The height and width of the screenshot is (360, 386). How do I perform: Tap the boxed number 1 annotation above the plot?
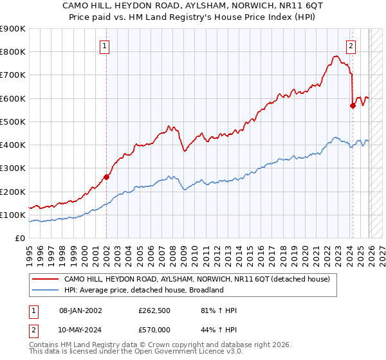(105, 46)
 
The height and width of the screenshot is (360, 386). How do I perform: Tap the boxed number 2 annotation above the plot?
(351, 46)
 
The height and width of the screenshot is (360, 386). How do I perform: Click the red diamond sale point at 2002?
(106, 177)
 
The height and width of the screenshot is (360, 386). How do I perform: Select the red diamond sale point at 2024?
(353, 106)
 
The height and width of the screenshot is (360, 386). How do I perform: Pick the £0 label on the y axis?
(19, 239)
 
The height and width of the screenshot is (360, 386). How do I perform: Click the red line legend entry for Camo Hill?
(196, 280)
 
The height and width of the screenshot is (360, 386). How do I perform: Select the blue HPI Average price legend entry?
(143, 290)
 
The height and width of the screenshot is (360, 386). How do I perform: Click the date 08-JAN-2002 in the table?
(80, 311)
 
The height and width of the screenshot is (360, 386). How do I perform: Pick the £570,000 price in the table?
(157, 329)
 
